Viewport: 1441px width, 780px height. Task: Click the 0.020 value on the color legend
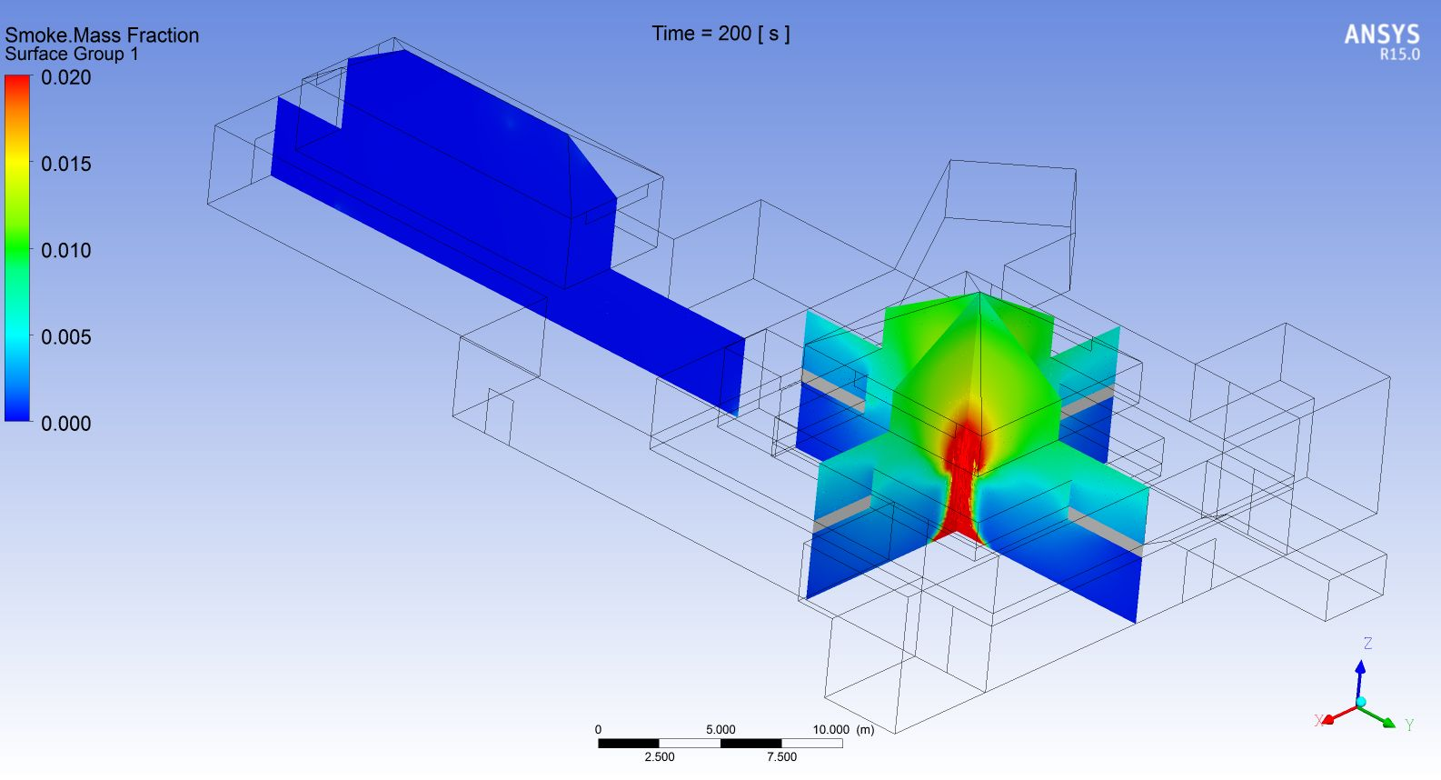pyautogui.click(x=65, y=77)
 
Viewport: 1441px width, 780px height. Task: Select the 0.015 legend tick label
pyautogui.click(x=65, y=165)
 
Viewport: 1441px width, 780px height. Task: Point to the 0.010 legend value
pyautogui.click(x=65, y=250)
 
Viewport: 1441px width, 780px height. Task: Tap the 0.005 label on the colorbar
pyautogui.click(x=65, y=337)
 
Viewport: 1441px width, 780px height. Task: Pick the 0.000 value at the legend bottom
pyautogui.click(x=65, y=424)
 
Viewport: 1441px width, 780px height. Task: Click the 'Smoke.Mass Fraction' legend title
pyautogui.click(x=102, y=35)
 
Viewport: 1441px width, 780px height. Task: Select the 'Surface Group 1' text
pyautogui.click(x=72, y=54)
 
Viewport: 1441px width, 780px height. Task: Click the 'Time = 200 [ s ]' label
pyautogui.click(x=720, y=34)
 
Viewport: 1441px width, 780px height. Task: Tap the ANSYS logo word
pyautogui.click(x=1382, y=35)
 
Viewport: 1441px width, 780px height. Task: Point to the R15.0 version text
pyautogui.click(x=1399, y=55)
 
